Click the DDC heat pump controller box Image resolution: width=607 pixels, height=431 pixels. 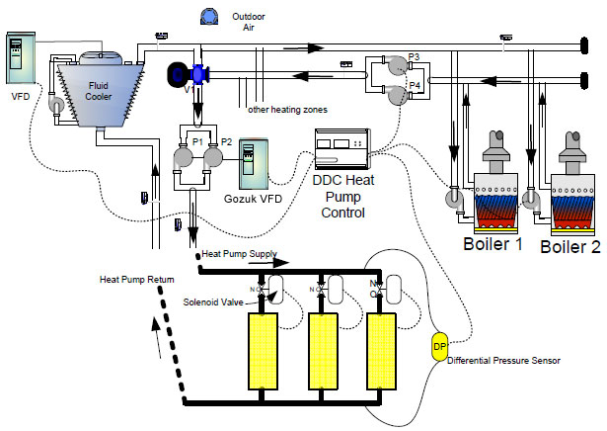click(x=341, y=150)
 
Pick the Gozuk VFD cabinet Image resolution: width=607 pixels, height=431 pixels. click(x=254, y=166)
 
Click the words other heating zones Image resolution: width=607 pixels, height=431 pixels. click(x=286, y=109)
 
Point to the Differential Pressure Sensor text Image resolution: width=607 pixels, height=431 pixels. click(x=504, y=362)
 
